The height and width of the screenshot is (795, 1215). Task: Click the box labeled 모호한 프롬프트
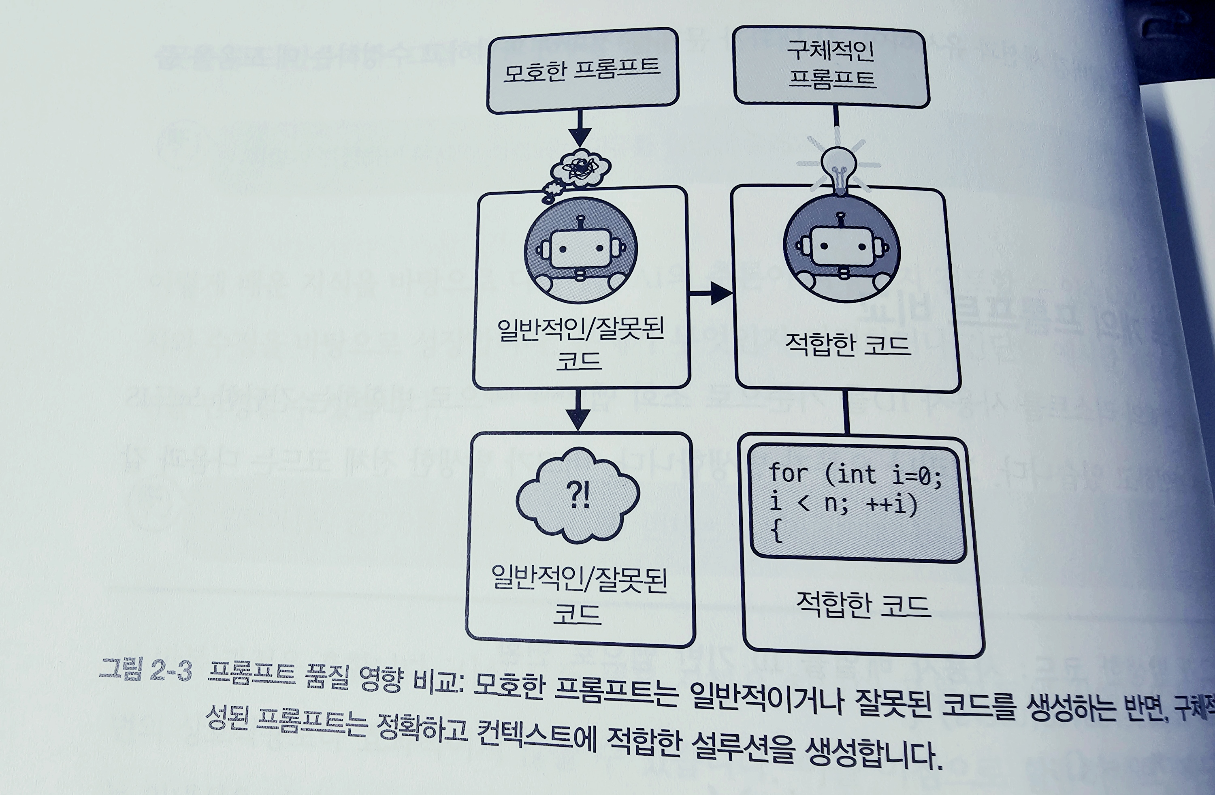pyautogui.click(x=582, y=71)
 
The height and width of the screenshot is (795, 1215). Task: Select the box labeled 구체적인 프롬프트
pyautogui.click(x=831, y=67)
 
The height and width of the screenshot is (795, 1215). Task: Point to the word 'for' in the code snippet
pyautogui.click(x=788, y=473)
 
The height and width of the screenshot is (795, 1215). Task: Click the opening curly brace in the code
pyautogui.click(x=776, y=532)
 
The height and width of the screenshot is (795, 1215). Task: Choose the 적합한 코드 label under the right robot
pyautogui.click(x=847, y=345)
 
